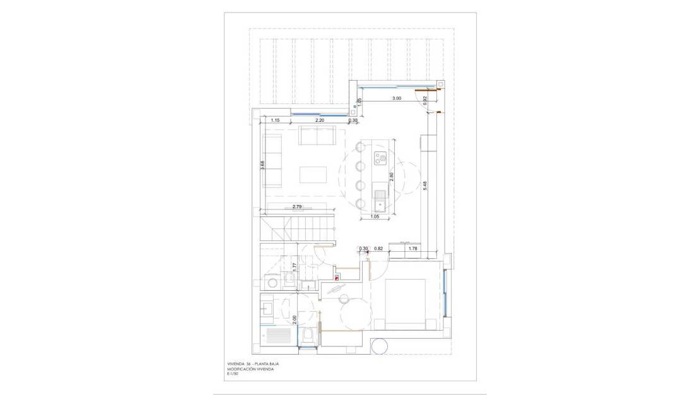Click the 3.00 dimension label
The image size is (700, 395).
pyautogui.click(x=395, y=99)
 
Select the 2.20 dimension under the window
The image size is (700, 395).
pyautogui.click(x=320, y=120)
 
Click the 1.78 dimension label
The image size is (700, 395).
pyautogui.click(x=413, y=249)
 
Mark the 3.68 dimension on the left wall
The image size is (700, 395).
pyautogui.click(x=262, y=166)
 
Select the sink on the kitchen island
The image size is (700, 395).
pyautogui.click(x=380, y=201)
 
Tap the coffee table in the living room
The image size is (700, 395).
pyautogui.click(x=313, y=174)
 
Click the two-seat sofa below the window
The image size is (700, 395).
pyautogui.click(x=317, y=135)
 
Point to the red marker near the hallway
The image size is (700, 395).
pyautogui.click(x=337, y=276)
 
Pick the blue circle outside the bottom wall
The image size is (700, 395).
pyautogui.click(x=381, y=346)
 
